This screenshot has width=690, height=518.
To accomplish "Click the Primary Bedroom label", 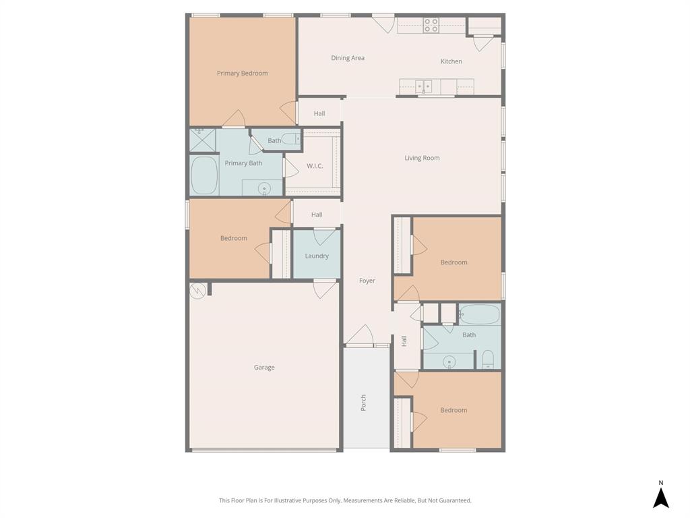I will [242, 74].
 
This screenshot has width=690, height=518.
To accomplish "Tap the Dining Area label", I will [348, 58].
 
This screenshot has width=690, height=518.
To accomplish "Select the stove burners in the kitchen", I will [431, 26].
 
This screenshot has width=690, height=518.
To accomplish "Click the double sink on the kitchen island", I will [424, 86].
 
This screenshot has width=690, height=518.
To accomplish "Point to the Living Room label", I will [422, 158].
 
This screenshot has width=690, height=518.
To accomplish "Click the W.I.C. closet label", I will [315, 166].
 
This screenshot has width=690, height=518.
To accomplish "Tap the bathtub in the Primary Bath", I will [204, 175].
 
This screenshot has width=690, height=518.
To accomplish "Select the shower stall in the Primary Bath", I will [202, 140].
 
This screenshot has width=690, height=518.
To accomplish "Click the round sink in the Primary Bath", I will [263, 188].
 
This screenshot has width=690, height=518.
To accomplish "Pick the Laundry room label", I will [317, 256].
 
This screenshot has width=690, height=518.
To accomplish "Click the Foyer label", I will [367, 281].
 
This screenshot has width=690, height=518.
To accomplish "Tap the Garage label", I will [264, 368].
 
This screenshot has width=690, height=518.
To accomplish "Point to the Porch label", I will [364, 403].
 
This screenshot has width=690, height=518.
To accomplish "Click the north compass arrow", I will [661, 497].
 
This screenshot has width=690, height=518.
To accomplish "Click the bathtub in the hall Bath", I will [480, 314].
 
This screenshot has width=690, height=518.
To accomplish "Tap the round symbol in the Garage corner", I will [197, 291].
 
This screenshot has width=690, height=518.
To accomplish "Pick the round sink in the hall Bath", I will [449, 362].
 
